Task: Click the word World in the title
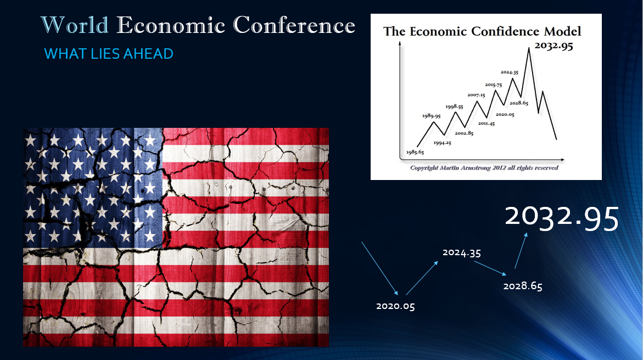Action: pyautogui.click(x=75, y=25)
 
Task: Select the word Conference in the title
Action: pyautogui.click(x=294, y=25)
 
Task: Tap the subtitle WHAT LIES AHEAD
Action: pyautogui.click(x=109, y=54)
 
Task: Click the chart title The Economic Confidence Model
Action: pyautogui.click(x=482, y=31)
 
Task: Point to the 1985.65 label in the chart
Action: pyautogui.click(x=415, y=152)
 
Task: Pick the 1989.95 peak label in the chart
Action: pyautogui.click(x=432, y=116)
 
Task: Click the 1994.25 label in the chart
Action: pyautogui.click(x=443, y=143)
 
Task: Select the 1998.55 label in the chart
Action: pyautogui.click(x=454, y=106)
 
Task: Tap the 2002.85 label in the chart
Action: pyautogui.click(x=464, y=133)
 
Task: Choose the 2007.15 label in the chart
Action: pyautogui.click(x=476, y=95)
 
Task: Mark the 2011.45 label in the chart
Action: pyautogui.click(x=487, y=123)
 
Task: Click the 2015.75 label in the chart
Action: pyautogui.click(x=493, y=85)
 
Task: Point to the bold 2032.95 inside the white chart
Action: pyautogui.click(x=553, y=46)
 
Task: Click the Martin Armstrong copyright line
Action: pyautogui.click(x=484, y=168)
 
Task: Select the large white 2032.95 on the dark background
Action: pyautogui.click(x=561, y=218)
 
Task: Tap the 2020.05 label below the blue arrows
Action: pyautogui.click(x=395, y=306)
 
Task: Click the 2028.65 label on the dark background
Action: pyautogui.click(x=523, y=286)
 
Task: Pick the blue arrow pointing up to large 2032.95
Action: pyautogui.click(x=521, y=251)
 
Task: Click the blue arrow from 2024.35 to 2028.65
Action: pyautogui.click(x=490, y=268)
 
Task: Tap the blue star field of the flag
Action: pyautogui.click(x=93, y=188)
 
